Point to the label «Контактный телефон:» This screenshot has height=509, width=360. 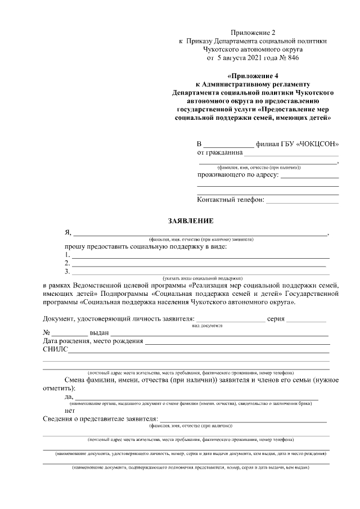coord(231,200)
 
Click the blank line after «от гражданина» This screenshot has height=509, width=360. coord(291,153)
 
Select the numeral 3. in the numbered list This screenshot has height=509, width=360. coord(67,272)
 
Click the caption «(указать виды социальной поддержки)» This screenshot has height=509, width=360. coord(202,278)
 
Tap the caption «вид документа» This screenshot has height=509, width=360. coord(207,326)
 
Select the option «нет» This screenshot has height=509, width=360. coord(70,410)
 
